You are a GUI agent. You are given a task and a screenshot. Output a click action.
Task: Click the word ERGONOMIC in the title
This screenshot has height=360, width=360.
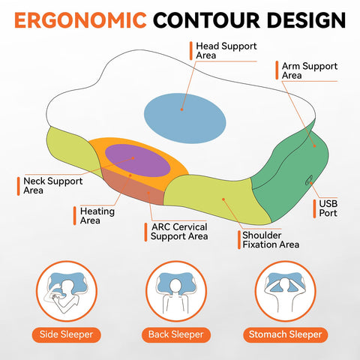(x=80, y=20)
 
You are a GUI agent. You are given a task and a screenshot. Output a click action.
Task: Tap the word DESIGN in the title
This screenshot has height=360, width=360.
(x=306, y=20)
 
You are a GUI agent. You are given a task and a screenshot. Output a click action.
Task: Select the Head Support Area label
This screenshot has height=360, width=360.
(x=226, y=51)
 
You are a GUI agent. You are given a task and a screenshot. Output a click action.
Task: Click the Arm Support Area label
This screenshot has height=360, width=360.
(x=310, y=70)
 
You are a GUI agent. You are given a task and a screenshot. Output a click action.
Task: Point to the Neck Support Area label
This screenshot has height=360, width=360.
(x=53, y=186)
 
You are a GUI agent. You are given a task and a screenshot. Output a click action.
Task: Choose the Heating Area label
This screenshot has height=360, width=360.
(x=97, y=216)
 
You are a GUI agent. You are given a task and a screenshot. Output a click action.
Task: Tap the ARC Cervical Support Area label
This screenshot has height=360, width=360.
(x=179, y=232)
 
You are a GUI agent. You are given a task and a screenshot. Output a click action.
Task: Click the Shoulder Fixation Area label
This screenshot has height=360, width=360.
(x=271, y=240)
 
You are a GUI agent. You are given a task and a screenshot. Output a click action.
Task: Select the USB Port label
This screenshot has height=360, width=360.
(x=328, y=208)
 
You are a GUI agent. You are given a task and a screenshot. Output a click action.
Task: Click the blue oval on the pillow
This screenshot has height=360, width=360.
(x=185, y=118)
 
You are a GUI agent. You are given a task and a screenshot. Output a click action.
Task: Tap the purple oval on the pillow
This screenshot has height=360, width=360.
(x=138, y=160)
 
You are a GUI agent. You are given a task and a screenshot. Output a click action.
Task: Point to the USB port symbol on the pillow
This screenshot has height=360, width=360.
(x=309, y=180)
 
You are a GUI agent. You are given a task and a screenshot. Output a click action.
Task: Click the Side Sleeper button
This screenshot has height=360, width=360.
(x=66, y=334)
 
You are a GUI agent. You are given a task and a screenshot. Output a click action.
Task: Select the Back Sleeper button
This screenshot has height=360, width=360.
(x=176, y=334)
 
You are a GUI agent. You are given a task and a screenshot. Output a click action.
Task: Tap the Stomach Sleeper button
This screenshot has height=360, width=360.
(x=285, y=334)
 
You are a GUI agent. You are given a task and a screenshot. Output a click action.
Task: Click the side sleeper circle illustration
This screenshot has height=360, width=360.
(x=67, y=291)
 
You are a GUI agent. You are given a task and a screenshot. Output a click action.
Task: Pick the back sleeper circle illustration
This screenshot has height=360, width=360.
(x=176, y=291)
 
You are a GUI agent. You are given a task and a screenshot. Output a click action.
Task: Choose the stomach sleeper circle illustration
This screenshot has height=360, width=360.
(x=285, y=291)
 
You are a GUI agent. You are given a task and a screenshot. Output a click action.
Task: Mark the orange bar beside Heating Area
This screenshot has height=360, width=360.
(x=75, y=216)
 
